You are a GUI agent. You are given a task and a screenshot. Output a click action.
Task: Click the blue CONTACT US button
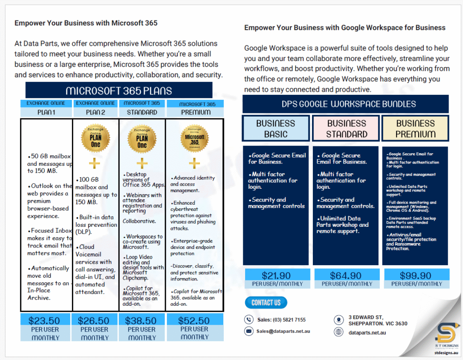[266, 303]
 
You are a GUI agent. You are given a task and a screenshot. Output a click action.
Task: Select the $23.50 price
[44, 321]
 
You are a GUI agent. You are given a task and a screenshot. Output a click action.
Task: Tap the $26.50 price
[94, 321]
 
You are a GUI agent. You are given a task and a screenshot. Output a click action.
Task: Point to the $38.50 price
[141, 321]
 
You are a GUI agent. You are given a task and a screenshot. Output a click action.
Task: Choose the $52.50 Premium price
[194, 321]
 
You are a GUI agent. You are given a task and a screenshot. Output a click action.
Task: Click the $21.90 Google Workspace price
[276, 276]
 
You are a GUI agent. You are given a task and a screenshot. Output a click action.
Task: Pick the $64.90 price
[346, 276]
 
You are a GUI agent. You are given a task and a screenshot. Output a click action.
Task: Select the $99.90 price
[416, 276]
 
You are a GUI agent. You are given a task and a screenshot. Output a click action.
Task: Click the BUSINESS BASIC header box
[276, 129]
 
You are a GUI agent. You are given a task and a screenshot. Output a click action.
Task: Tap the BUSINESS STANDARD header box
[346, 129]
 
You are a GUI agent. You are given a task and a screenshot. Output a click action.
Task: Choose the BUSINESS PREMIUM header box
[416, 129]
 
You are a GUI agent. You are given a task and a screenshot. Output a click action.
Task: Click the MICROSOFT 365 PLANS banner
[119, 90]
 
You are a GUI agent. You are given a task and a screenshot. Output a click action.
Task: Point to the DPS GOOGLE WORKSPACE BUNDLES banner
[345, 104]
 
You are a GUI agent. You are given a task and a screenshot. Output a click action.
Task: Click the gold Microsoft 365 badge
[194, 139]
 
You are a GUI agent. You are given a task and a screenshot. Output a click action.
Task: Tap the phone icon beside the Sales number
[249, 320]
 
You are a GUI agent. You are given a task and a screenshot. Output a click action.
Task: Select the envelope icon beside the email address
[249, 331]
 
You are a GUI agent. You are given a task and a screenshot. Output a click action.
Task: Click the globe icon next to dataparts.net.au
[339, 332]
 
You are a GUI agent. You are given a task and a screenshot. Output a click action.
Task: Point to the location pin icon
[339, 320]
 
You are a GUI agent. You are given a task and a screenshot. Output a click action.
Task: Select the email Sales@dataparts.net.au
[283, 331]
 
